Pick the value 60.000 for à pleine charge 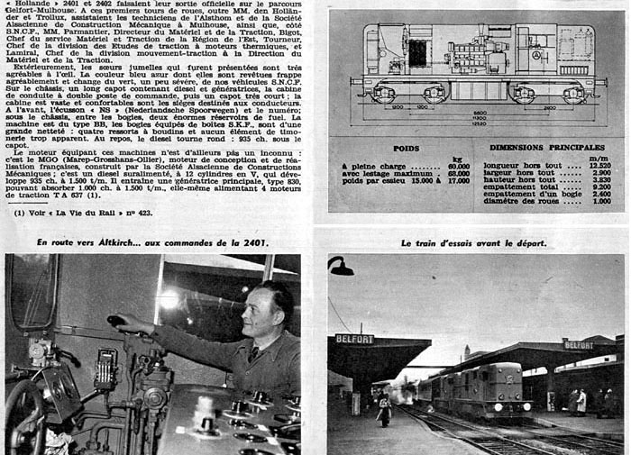pos(459,167)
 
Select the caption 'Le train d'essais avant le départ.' pos(473,243)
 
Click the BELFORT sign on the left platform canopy pos(354,340)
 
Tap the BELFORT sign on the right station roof pos(578,345)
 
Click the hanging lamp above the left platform pos(340,266)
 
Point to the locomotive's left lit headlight pos(495,407)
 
